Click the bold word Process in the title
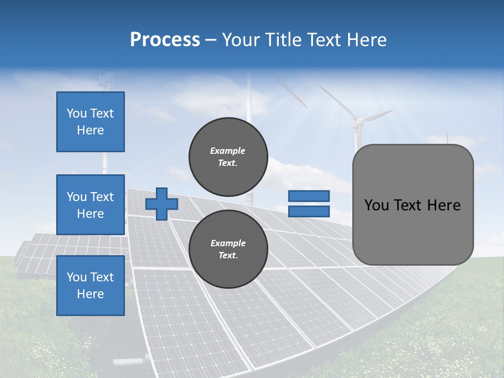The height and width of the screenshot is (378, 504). coord(165,40)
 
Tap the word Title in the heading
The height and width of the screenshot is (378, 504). coord(283,40)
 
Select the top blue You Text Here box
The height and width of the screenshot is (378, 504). coord(90,122)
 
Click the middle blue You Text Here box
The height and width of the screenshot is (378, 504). coord(90,205)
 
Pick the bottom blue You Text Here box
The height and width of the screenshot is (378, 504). coord(90,286)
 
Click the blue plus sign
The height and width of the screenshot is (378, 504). coord(161,204)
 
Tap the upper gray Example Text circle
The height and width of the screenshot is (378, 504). coord(228,156)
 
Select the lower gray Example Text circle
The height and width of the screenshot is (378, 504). coord(228,249)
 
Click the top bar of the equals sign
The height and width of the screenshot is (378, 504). coord(309,196)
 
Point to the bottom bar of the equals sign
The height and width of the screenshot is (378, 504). coord(309,212)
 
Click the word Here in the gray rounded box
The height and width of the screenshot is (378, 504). coord(444,205)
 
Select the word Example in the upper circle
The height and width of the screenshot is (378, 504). coord(228,151)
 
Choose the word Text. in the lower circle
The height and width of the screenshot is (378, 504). coord(228,256)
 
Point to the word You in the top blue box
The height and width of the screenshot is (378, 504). coord(76,113)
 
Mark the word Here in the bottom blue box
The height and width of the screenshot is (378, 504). coord(90,294)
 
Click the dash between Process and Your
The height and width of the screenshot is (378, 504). coord(211,40)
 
